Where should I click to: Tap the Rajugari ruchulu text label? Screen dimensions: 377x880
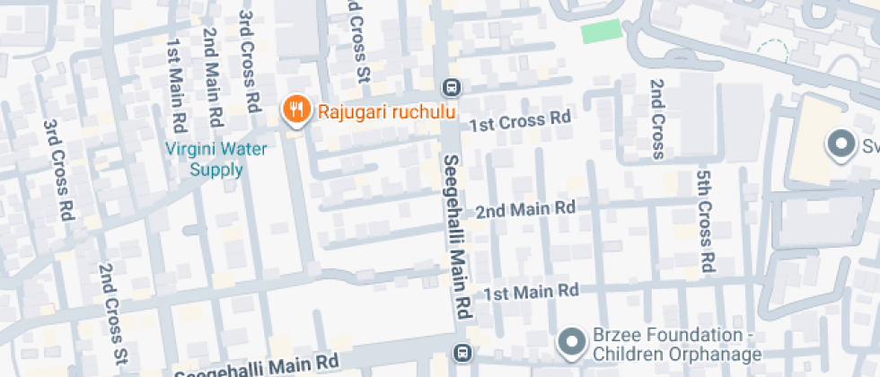(383, 112)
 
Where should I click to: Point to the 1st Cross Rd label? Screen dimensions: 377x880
(522, 119)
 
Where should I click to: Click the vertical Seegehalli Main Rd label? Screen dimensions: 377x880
(455, 233)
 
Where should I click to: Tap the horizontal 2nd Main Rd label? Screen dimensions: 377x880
(525, 209)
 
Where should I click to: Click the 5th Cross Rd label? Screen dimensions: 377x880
(706, 221)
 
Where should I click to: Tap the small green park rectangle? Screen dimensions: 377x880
(601, 32)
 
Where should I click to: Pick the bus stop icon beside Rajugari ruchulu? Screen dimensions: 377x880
(451, 88)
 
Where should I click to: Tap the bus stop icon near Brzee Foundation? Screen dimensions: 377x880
(461, 352)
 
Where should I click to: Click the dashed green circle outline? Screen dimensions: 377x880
(771, 52)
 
